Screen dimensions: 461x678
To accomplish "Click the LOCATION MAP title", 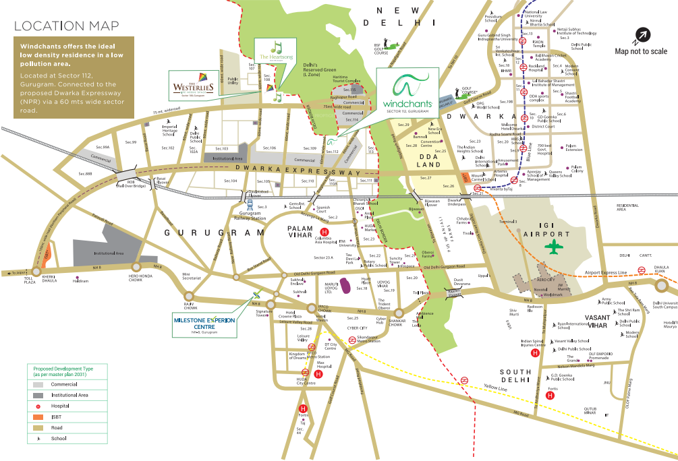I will click(x=60, y=26).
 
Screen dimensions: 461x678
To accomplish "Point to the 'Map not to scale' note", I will click(x=641, y=51).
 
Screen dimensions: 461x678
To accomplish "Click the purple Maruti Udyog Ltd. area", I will click(x=344, y=286).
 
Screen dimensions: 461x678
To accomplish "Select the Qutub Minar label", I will click(x=590, y=411).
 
